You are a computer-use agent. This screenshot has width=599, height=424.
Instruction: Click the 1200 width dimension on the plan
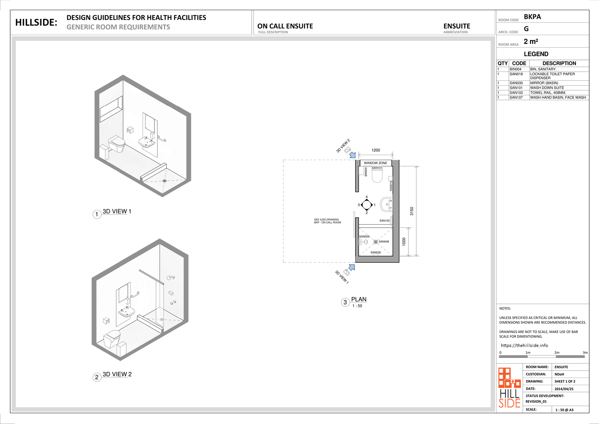pos(376,150)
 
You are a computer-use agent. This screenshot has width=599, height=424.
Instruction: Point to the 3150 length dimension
pos(411,211)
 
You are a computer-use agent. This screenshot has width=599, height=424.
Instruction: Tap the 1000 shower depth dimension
pos(404,242)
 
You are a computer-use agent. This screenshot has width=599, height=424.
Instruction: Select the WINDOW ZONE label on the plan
pos(376,163)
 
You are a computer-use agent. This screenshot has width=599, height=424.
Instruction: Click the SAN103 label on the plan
pos(384,221)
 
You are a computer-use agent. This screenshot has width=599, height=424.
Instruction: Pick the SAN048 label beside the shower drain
pos(384,242)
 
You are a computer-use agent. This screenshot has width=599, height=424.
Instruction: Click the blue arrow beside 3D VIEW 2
pos(353,155)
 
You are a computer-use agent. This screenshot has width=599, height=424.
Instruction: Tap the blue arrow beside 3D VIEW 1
pos(352,267)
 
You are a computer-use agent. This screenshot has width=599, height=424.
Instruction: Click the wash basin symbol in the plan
pos(386,205)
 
